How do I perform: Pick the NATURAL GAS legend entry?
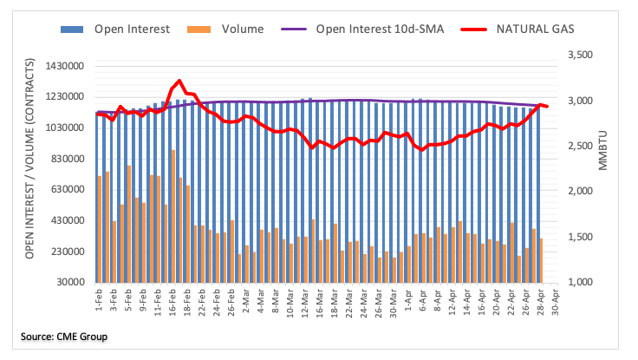(x=535, y=29)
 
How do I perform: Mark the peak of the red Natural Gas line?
(x=179, y=81)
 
